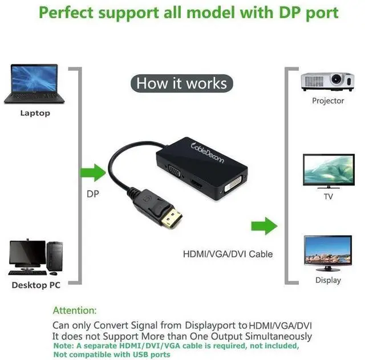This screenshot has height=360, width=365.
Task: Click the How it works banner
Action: tap(181, 84)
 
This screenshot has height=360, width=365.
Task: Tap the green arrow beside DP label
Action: tap(92, 171)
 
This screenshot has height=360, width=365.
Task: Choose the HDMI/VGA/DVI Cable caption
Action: tap(228, 254)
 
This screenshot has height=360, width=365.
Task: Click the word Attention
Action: tap(74, 311)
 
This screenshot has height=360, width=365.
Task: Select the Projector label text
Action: tap(328, 101)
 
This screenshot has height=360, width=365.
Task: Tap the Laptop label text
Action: tap(35, 113)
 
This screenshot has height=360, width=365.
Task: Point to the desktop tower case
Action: tap(55, 258)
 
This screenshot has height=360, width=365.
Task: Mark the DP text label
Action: tap(93, 194)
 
